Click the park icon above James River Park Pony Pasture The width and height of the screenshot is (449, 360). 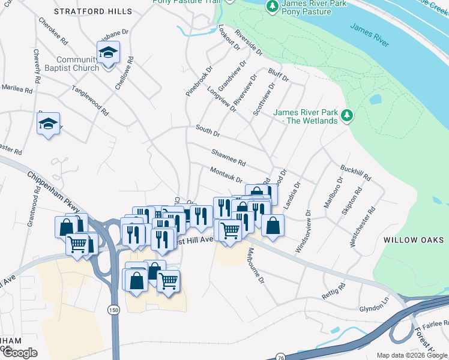click(273, 7)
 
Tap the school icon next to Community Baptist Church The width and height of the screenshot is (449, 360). click(108, 53)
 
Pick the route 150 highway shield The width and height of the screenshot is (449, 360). click(113, 309)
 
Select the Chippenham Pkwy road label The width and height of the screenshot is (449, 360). click(53, 191)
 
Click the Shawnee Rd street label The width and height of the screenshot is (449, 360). click(229, 157)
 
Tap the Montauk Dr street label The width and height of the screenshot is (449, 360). click(226, 175)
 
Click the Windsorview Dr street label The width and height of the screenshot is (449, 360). click(303, 231)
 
